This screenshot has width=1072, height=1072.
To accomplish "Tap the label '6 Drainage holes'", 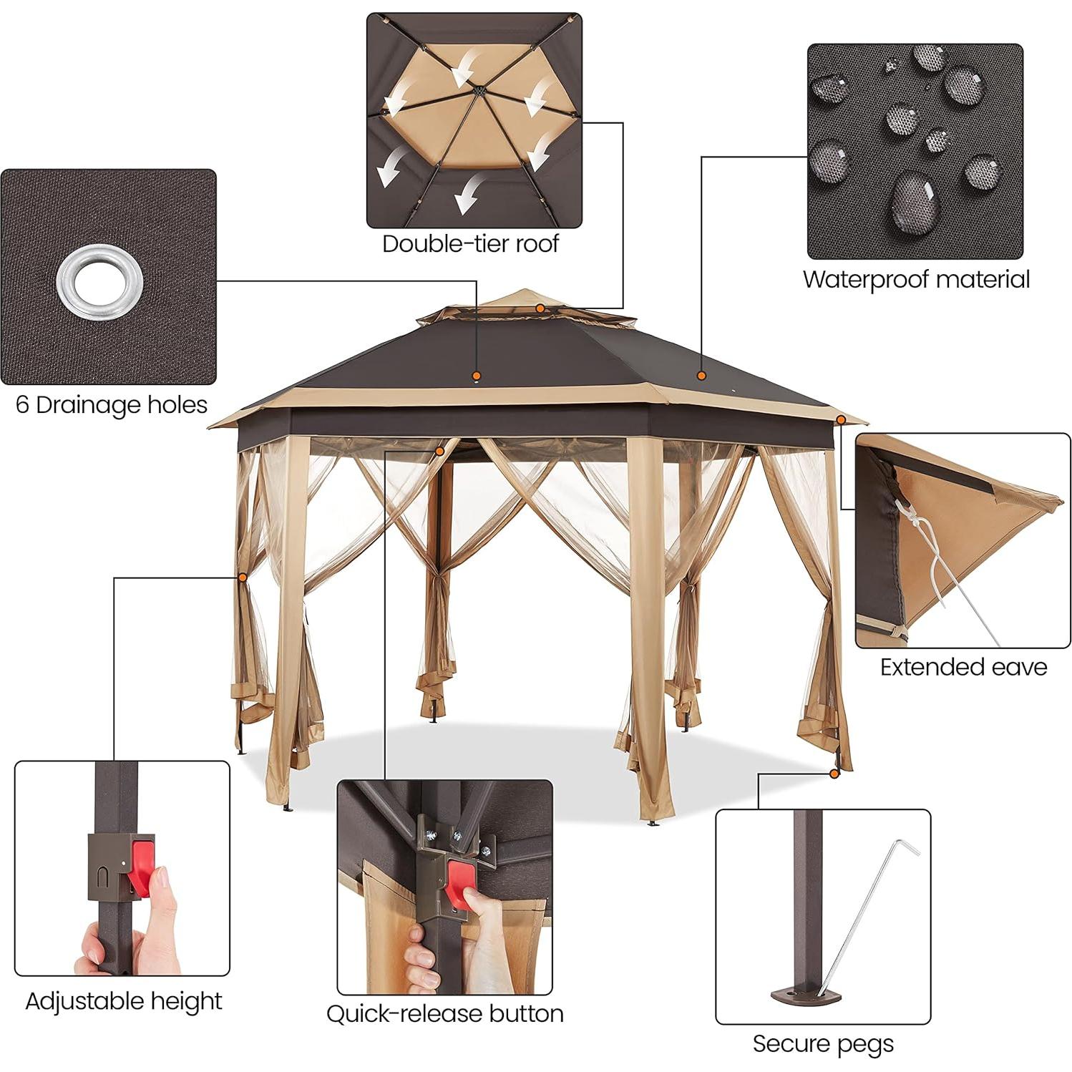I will tap(112, 405).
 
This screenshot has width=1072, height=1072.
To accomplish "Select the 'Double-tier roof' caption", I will tap(470, 244).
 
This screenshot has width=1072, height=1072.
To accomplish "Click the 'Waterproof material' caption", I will tap(915, 279).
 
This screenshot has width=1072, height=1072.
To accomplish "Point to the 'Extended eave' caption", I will tap(963, 667).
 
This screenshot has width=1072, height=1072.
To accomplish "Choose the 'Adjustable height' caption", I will tap(124, 1000).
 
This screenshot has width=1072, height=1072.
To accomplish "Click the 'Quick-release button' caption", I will tap(444, 1013).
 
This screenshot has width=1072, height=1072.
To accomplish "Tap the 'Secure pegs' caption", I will tap(823, 1043).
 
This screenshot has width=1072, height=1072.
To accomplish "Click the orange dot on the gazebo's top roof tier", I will tap(541, 308).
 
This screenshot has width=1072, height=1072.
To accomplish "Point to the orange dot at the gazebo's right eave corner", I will tap(842, 420).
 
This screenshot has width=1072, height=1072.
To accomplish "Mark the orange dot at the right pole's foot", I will tap(834, 773).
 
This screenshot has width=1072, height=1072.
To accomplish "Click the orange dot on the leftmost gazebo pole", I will tap(243, 576).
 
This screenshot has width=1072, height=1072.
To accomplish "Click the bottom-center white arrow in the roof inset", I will tap(467, 195).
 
